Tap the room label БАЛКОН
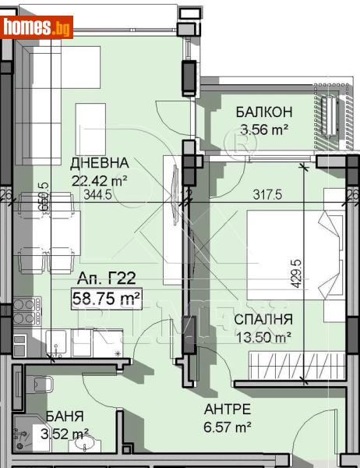point(264,112)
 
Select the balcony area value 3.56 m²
point(264,129)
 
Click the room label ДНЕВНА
point(99,163)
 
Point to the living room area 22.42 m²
point(99,179)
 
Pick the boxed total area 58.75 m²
point(107,297)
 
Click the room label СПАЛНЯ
point(266,319)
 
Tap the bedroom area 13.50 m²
point(266,336)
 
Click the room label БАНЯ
point(64,417)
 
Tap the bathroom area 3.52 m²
point(64,434)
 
